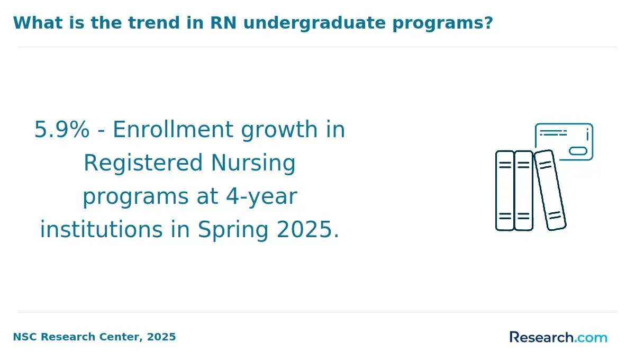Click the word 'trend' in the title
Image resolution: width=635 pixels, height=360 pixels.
(x=153, y=23)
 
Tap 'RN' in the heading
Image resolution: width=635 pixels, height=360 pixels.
(x=223, y=23)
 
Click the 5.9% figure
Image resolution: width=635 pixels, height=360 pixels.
(x=62, y=130)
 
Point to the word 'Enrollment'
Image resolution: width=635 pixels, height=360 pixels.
(x=173, y=130)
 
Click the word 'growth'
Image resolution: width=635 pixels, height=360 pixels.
(x=279, y=131)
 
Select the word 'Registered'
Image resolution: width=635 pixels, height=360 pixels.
(x=143, y=164)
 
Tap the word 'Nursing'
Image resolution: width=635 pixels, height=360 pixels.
(x=253, y=164)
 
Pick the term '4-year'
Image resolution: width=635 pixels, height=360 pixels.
(x=261, y=197)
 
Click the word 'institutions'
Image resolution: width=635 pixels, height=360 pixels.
(x=102, y=230)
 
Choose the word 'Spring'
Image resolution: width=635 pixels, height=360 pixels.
(x=233, y=230)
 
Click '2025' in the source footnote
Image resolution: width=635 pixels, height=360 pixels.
(x=161, y=337)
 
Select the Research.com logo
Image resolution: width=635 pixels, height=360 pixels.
(x=558, y=337)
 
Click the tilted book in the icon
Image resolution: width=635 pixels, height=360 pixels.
(x=550, y=190)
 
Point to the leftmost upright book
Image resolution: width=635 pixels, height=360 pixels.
(x=505, y=191)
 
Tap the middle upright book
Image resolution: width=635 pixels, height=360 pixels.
(x=523, y=191)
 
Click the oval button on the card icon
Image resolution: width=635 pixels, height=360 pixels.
(x=578, y=151)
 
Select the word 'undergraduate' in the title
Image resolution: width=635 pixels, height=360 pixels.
(x=315, y=23)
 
